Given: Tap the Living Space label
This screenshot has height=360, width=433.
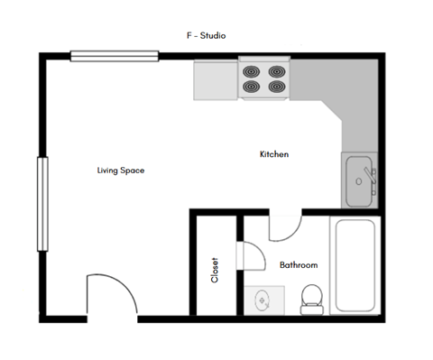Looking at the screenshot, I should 121,171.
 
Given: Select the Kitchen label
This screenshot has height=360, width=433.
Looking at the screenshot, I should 274,155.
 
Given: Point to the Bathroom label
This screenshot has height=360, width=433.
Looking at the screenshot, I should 298,265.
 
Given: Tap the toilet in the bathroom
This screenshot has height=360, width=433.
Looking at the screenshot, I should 311,297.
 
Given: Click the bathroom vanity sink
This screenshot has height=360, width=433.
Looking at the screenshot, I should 263,298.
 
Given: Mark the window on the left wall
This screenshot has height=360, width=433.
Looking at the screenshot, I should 41,204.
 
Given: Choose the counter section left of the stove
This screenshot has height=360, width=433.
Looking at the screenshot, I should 216,78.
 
